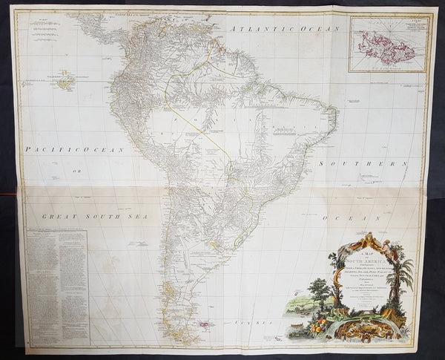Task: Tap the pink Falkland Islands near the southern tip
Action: [x=203, y=324]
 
